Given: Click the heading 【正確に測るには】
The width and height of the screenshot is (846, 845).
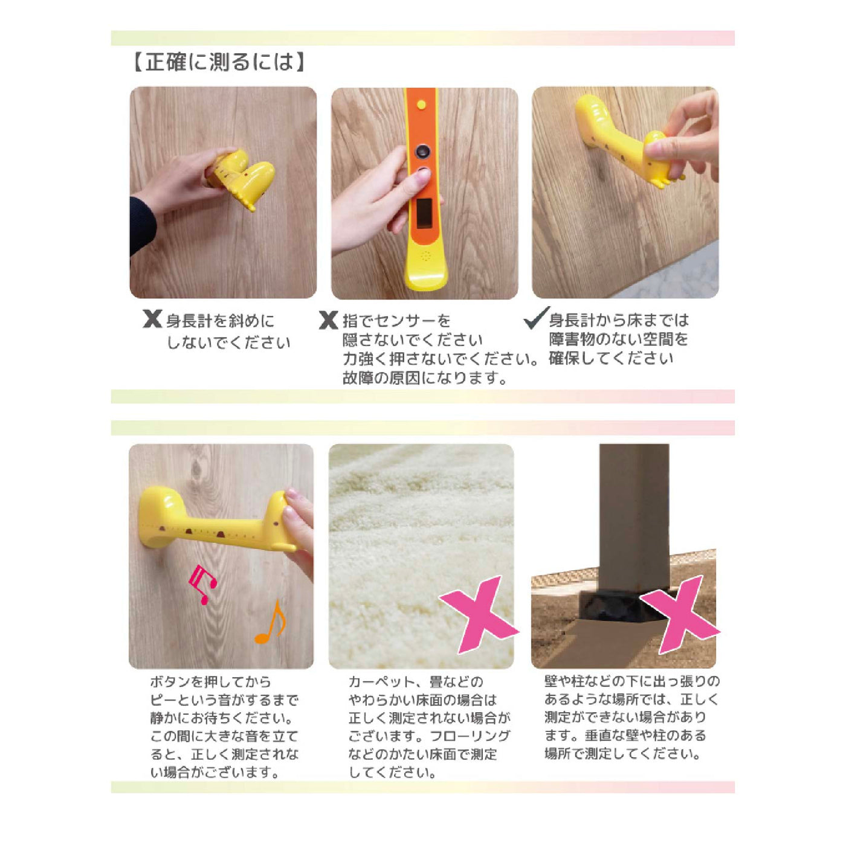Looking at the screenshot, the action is coord(218,62).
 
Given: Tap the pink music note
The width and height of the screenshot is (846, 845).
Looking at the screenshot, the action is coord(203,584).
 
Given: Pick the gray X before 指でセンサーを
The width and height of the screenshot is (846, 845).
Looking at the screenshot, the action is coord(328,320).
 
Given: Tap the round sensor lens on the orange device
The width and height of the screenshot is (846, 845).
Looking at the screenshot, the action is coord(423,152).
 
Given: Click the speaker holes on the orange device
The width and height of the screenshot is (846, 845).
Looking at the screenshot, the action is coord(425,256).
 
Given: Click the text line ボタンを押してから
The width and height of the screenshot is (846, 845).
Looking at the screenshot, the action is coord(211,682).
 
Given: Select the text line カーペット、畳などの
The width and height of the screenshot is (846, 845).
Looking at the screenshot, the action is coord(416,682).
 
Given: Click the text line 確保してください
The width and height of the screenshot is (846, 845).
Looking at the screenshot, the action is coord(611,359).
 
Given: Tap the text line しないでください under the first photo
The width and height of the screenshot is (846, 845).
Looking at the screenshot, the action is coord(228,342).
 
